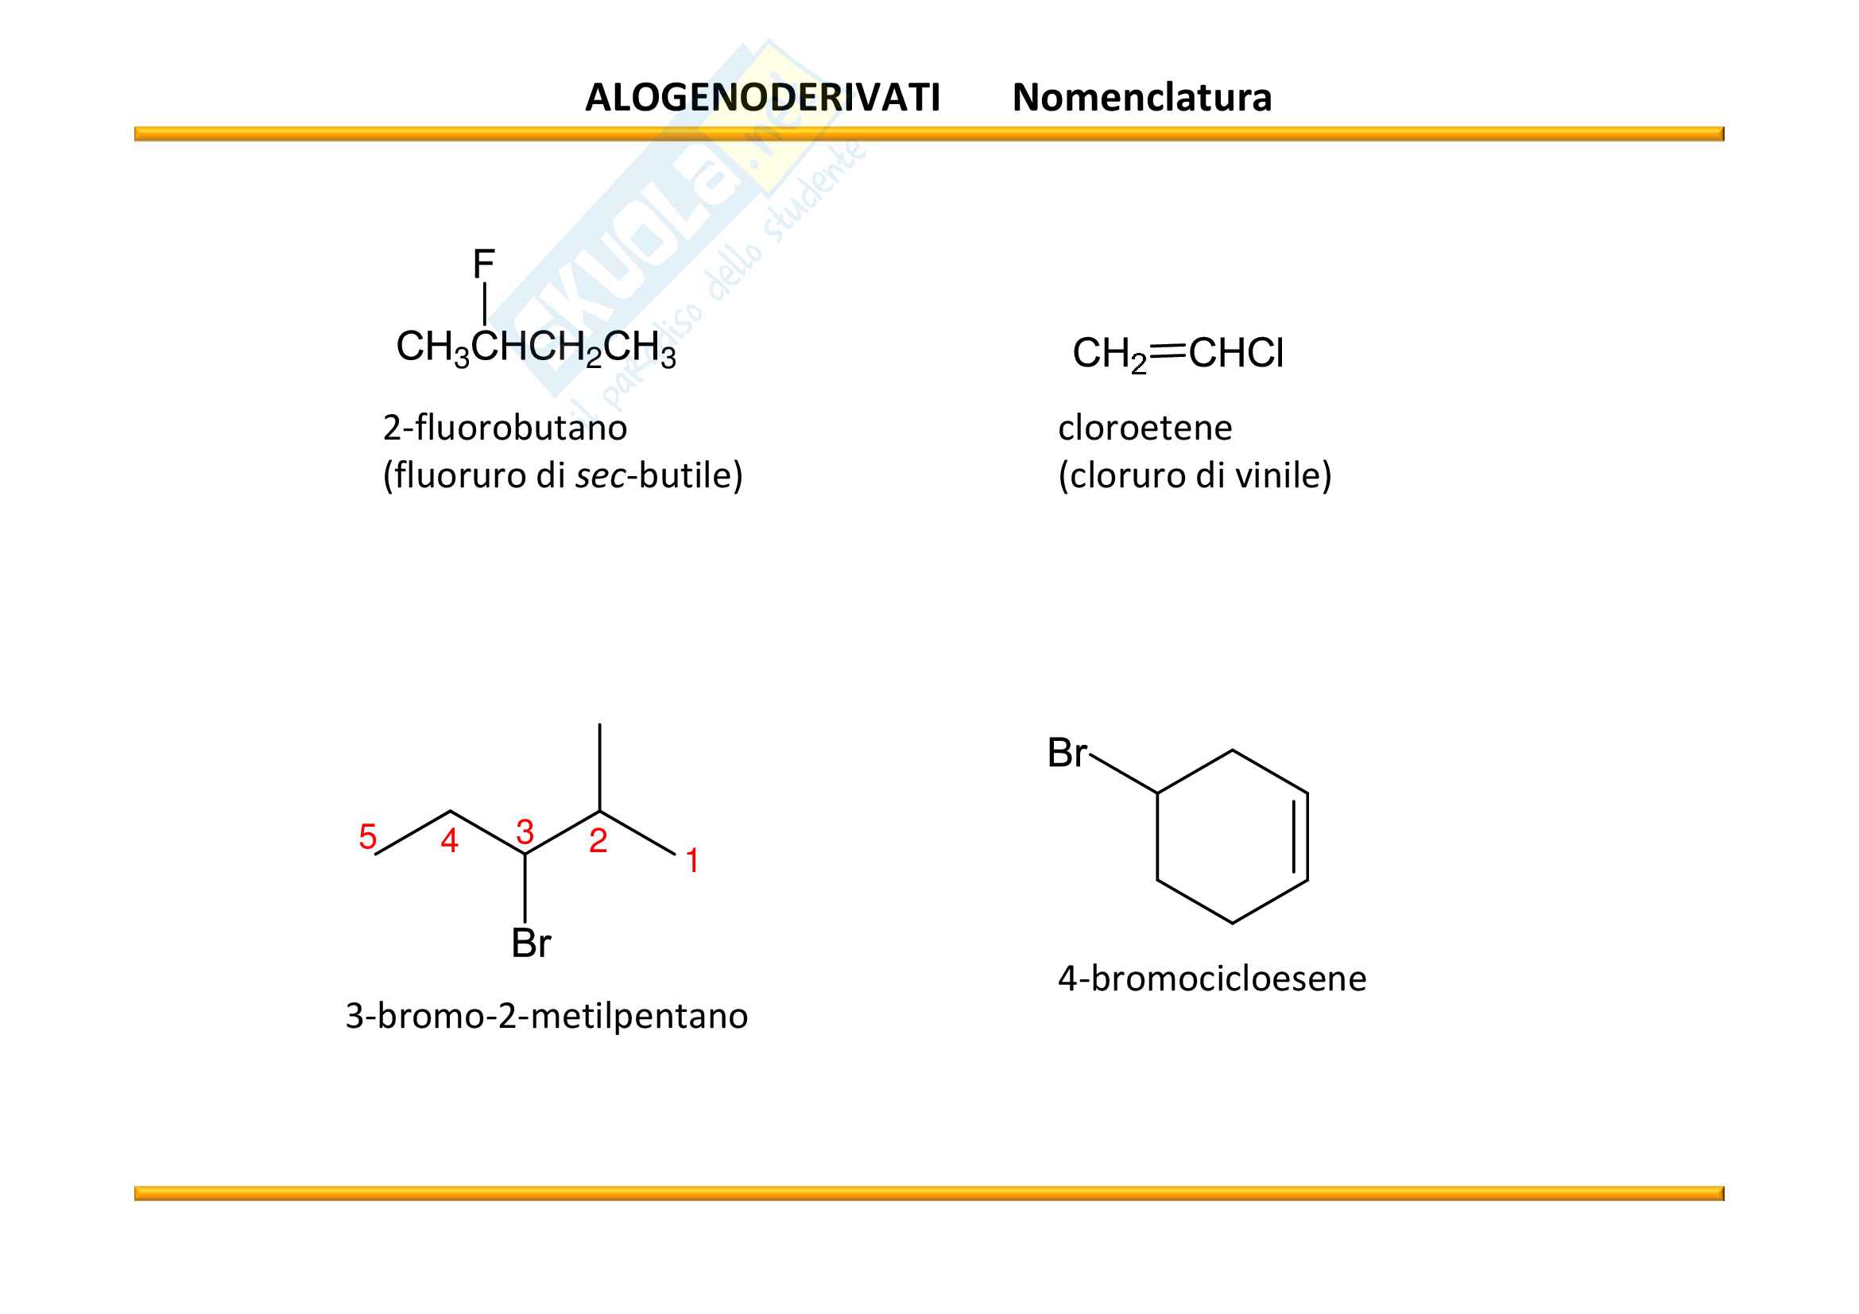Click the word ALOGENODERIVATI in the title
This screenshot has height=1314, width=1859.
[762, 97]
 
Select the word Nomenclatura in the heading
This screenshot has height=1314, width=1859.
[1141, 97]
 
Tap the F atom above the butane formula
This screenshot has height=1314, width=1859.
[483, 264]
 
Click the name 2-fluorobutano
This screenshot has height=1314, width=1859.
[505, 428]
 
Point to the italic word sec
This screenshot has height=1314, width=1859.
[600, 475]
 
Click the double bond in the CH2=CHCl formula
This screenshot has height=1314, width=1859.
[1167, 351]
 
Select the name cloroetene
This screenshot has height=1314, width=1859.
[1144, 428]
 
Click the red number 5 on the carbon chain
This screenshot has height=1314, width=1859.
[368, 836]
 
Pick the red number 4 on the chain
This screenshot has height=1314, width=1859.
[449, 841]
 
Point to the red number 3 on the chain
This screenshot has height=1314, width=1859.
[525, 832]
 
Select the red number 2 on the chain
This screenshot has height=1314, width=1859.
[598, 841]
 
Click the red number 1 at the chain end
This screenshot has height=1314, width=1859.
[692, 860]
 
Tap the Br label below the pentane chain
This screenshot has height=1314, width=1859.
[531, 944]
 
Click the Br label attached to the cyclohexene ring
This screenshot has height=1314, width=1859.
[1067, 753]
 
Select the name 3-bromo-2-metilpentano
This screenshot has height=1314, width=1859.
[547, 1016]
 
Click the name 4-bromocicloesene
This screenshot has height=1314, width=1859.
[1212, 979]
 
